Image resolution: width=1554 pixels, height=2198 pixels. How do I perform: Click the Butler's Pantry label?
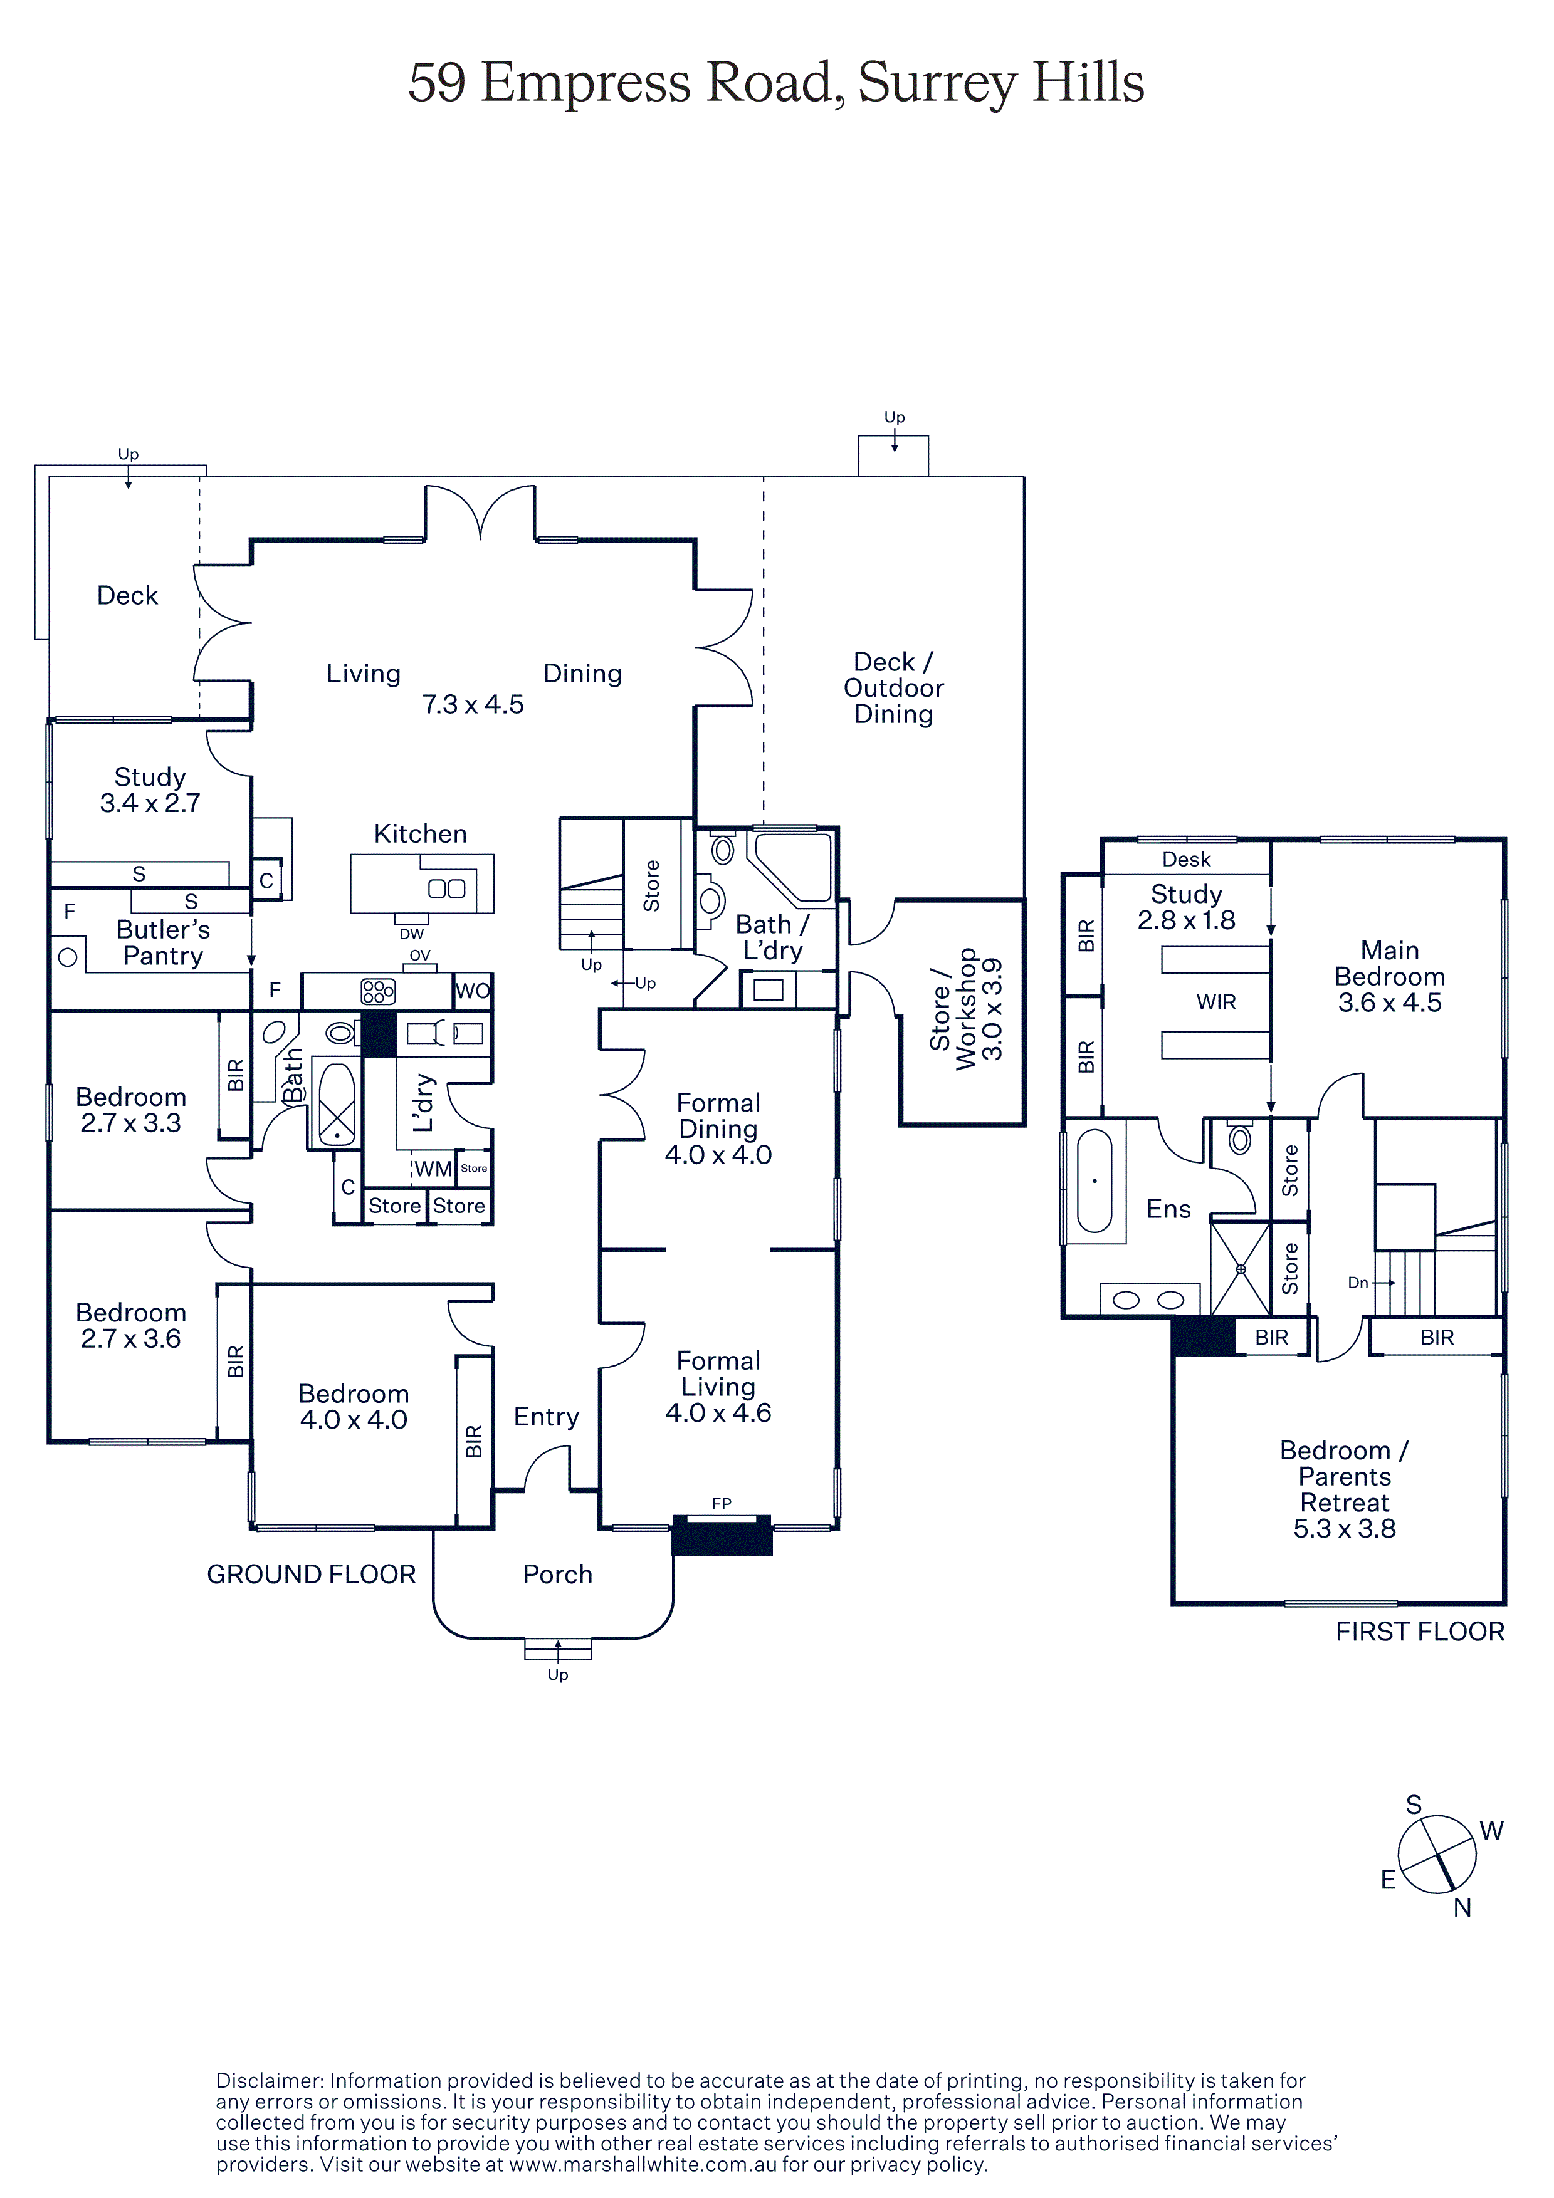[x=163, y=943]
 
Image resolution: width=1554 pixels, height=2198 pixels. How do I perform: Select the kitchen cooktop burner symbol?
[x=378, y=991]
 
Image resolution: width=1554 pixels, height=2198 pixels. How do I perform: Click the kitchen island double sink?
[x=446, y=888]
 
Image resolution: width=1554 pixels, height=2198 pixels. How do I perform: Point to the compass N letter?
[x=1461, y=1908]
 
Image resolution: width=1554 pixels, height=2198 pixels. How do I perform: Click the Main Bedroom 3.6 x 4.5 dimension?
[x=1389, y=1003]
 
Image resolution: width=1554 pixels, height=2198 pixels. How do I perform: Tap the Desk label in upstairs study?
[x=1185, y=860]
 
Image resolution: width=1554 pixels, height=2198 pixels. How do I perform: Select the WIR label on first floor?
[x=1216, y=1003]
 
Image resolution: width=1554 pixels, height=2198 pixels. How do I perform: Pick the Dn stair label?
[x=1358, y=1283]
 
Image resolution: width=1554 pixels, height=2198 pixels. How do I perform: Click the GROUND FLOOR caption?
[x=311, y=1575]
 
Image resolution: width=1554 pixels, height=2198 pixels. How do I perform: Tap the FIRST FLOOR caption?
[x=1419, y=1631]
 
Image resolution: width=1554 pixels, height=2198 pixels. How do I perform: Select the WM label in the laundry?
[x=433, y=1169]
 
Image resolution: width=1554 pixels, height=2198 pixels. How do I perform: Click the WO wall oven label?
[x=472, y=991]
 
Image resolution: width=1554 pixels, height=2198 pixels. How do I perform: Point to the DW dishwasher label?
[x=412, y=934]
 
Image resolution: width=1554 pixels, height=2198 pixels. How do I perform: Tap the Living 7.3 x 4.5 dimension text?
[x=473, y=705]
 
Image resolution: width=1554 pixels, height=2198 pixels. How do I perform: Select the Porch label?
[x=557, y=1575]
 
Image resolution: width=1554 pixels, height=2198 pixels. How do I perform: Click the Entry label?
[x=546, y=1417]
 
